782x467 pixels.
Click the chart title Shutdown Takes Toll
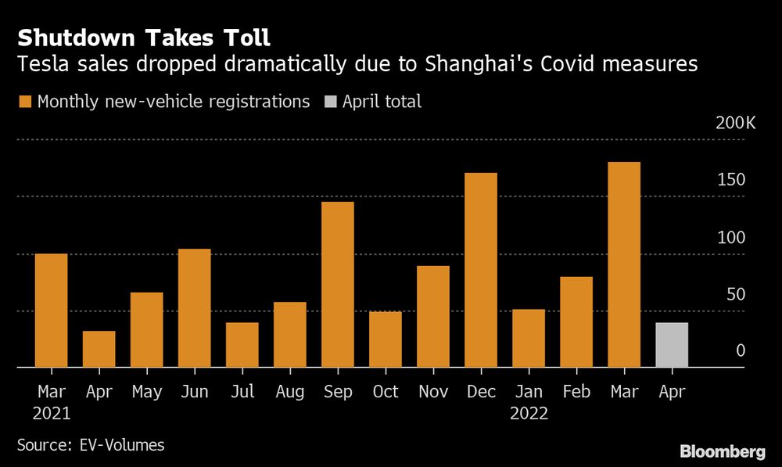pyautogui.click(x=145, y=37)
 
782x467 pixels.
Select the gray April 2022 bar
pyautogui.click(x=672, y=344)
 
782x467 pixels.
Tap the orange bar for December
pyautogui.click(x=481, y=270)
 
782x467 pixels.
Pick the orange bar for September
pyautogui.click(x=338, y=284)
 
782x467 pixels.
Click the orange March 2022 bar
pyautogui.click(x=624, y=264)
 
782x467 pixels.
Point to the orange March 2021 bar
pyautogui.click(x=52, y=310)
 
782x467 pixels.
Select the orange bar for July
pyautogui.click(x=242, y=344)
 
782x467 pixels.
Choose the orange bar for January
pyautogui.click(x=529, y=338)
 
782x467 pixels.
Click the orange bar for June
pyautogui.click(x=195, y=307)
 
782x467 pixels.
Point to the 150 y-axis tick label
pyautogui.click(x=732, y=180)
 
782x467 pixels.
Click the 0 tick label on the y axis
pyautogui.click(x=741, y=351)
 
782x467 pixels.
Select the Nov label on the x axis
pyautogui.click(x=433, y=391)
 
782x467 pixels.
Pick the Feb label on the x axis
pyautogui.click(x=576, y=391)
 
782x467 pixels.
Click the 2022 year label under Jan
pyautogui.click(x=529, y=414)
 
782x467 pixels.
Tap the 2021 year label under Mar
pyautogui.click(x=52, y=414)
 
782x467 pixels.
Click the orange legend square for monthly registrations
pyautogui.click(x=25, y=102)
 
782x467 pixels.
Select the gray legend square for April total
pyautogui.click(x=331, y=102)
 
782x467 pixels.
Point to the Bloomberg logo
pyautogui.click(x=722, y=451)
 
